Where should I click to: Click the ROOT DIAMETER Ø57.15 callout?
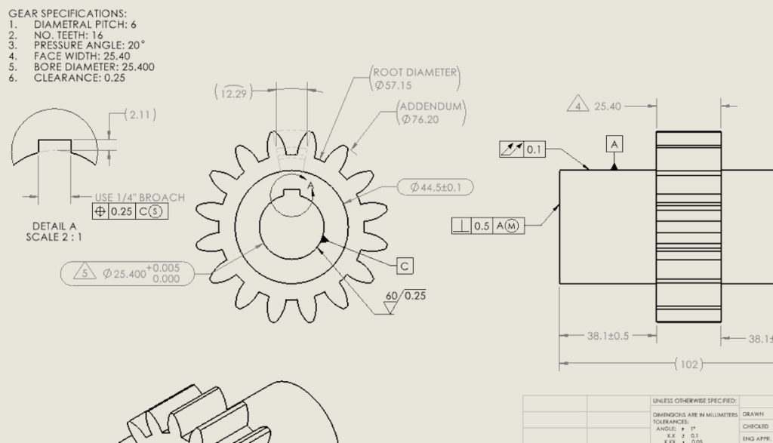(415, 78)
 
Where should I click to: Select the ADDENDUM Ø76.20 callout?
(431, 112)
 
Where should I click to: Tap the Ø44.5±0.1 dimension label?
(436, 186)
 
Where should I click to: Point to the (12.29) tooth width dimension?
(233, 92)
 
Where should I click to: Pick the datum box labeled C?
(405, 266)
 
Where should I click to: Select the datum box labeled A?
(614, 144)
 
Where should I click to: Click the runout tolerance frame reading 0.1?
(522, 149)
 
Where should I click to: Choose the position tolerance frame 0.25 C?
(130, 211)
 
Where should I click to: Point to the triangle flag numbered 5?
(85, 272)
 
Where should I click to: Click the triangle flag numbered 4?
(577, 106)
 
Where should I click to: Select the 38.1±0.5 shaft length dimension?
(608, 336)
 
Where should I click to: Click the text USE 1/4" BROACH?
(139, 198)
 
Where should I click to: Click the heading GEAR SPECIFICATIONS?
(67, 14)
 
